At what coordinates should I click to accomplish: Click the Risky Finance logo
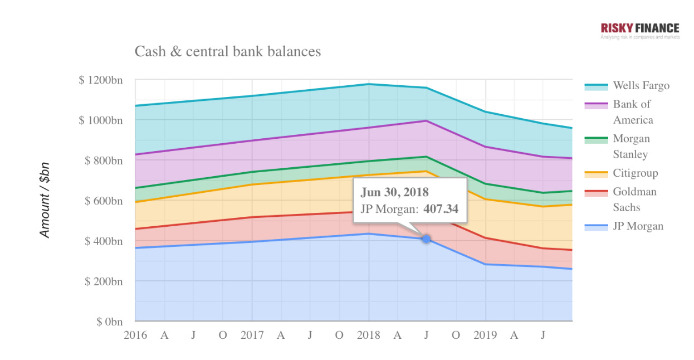point(640,30)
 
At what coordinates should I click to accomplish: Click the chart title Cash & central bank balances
point(228,52)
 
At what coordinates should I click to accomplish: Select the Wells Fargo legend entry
point(641,86)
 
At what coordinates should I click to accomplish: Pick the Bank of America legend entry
point(633,112)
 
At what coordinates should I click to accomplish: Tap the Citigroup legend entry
point(635,173)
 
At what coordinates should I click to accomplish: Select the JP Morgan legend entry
point(638,226)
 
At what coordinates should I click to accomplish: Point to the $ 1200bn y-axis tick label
point(101,80)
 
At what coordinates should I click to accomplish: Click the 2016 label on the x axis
point(135,335)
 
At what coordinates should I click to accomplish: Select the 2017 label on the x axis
point(252,335)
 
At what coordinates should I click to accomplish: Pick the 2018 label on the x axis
point(369,335)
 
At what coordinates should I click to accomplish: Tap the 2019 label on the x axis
point(486,335)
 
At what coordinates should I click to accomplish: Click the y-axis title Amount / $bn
point(45,200)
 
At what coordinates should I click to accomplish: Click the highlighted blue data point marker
point(426,239)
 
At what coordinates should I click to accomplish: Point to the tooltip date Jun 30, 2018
point(395,192)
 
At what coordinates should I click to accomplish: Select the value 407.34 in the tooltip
point(441,210)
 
